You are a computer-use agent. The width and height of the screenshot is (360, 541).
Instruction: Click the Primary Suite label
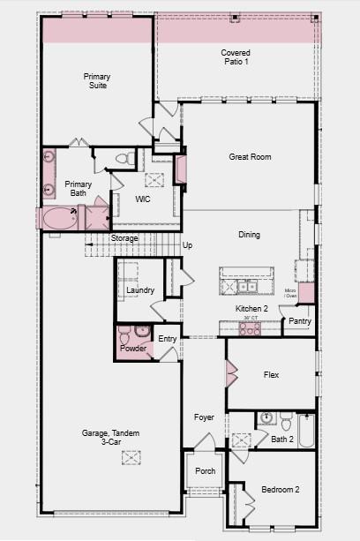(x=97, y=81)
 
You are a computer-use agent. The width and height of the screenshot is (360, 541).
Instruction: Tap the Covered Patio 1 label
(x=235, y=57)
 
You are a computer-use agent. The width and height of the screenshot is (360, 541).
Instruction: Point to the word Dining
(x=250, y=235)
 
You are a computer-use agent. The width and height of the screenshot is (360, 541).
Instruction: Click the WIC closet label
(x=144, y=199)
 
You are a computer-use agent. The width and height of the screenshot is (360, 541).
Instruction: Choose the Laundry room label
(x=140, y=290)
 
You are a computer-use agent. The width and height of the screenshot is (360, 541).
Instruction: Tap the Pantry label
(x=300, y=321)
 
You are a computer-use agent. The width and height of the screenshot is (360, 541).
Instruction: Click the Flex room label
(x=272, y=375)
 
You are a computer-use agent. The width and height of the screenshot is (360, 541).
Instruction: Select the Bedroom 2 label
(x=280, y=490)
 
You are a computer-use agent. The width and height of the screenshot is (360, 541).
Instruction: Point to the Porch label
(x=205, y=471)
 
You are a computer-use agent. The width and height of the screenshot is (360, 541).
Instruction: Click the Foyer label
(x=205, y=417)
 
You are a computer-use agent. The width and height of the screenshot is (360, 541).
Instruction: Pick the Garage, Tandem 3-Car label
(x=107, y=438)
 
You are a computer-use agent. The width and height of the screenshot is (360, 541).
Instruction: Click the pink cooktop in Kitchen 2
(x=250, y=328)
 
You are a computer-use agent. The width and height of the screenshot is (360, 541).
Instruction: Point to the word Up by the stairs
(x=187, y=244)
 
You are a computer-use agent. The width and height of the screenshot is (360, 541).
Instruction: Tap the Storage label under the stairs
(x=124, y=238)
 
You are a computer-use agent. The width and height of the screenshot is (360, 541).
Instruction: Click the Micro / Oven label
(x=290, y=293)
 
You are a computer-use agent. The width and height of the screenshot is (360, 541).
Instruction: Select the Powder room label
(x=133, y=349)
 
